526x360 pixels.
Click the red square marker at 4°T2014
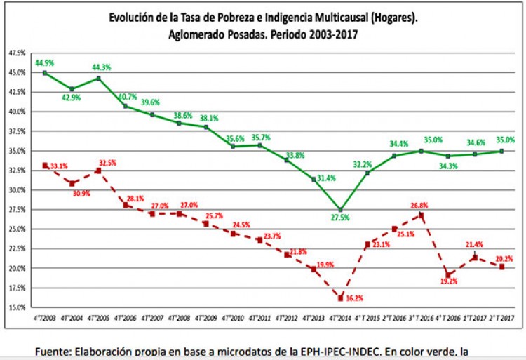point(341,298)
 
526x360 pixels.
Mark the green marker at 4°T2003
point(45,72)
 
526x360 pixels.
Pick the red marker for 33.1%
point(45,166)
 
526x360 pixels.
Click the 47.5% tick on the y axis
point(17,53)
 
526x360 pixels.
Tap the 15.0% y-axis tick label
point(17,307)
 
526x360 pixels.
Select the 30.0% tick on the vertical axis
point(17,190)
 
